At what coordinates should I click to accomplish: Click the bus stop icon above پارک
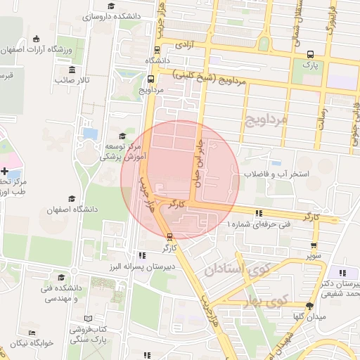click(311, 53)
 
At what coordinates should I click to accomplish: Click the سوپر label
click(314, 257)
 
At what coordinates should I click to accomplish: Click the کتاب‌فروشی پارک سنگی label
click(87, 335)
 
